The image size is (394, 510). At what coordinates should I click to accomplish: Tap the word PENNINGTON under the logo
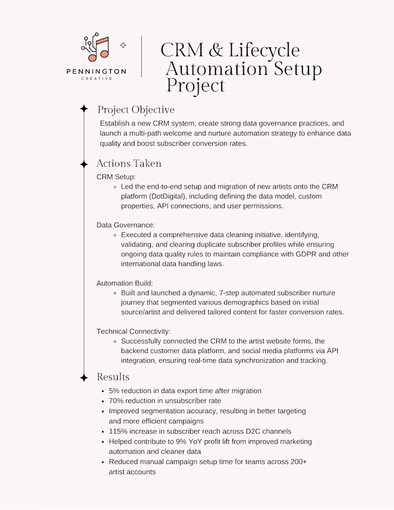[96, 71]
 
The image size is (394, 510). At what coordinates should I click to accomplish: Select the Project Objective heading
[136, 109]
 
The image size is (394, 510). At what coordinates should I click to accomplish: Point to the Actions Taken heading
[129, 163]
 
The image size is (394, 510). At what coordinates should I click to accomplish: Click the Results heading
[113, 377]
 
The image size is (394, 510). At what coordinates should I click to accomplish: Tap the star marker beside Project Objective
[84, 109]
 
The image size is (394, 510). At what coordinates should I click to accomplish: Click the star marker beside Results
[84, 377]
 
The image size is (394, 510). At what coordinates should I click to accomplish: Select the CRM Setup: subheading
[113, 177]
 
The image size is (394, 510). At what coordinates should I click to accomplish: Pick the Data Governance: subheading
[126, 225]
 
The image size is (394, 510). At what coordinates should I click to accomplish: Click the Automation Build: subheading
[124, 283]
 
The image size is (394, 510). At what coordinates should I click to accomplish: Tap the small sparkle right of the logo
[123, 45]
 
